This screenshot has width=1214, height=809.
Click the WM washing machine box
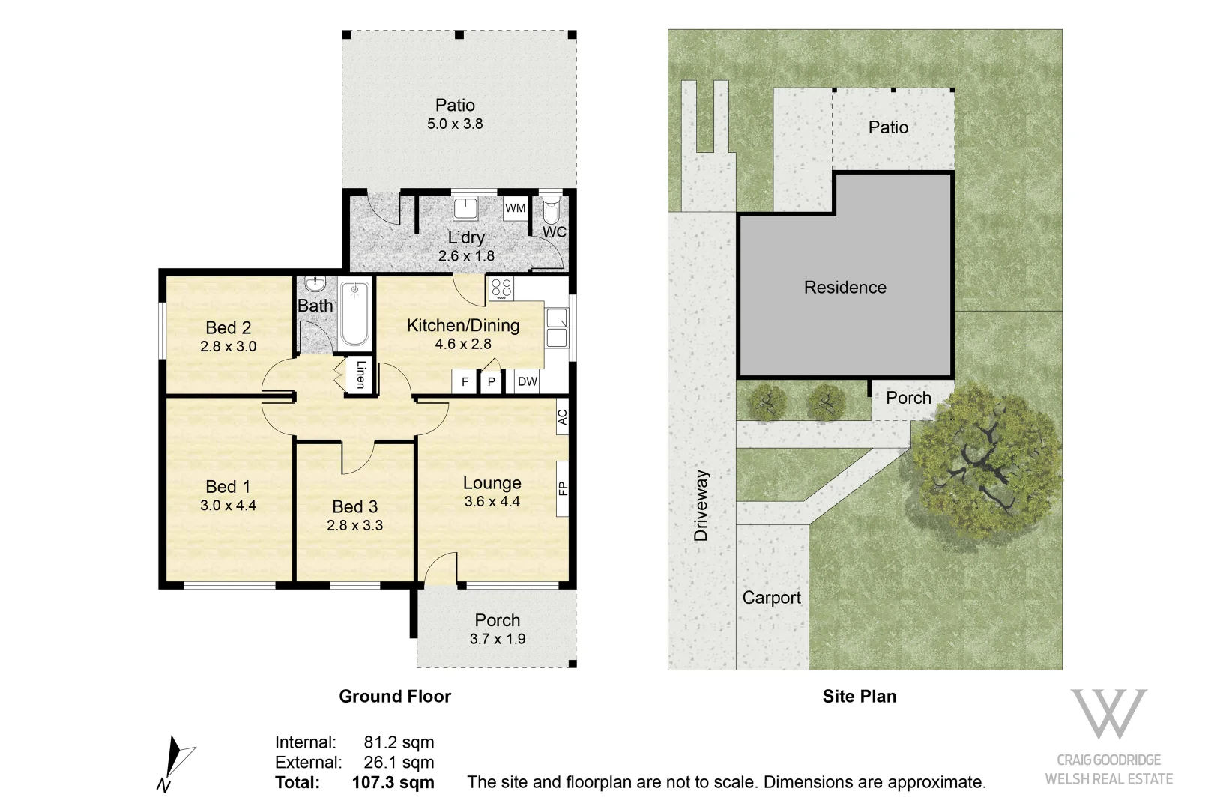(x=516, y=208)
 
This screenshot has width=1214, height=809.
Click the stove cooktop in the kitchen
(x=501, y=288)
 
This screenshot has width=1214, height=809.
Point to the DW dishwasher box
(x=528, y=381)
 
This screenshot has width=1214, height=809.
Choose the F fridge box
(x=465, y=381)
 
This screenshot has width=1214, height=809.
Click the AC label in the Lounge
(x=562, y=417)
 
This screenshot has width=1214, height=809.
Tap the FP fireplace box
(x=563, y=489)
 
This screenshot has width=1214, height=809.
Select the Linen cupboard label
(x=360, y=374)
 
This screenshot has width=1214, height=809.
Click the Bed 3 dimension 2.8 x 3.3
(x=354, y=525)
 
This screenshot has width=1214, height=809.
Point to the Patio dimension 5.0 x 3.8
(x=455, y=124)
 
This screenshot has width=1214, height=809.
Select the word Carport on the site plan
(x=771, y=598)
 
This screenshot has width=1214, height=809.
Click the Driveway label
(x=701, y=506)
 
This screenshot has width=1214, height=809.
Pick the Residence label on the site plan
(x=845, y=288)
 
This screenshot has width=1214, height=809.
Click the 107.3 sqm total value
(x=393, y=783)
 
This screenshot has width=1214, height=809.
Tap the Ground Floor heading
(x=395, y=697)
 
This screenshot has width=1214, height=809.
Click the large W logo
(x=1108, y=713)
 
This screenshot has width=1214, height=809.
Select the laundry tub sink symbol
(x=465, y=208)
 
